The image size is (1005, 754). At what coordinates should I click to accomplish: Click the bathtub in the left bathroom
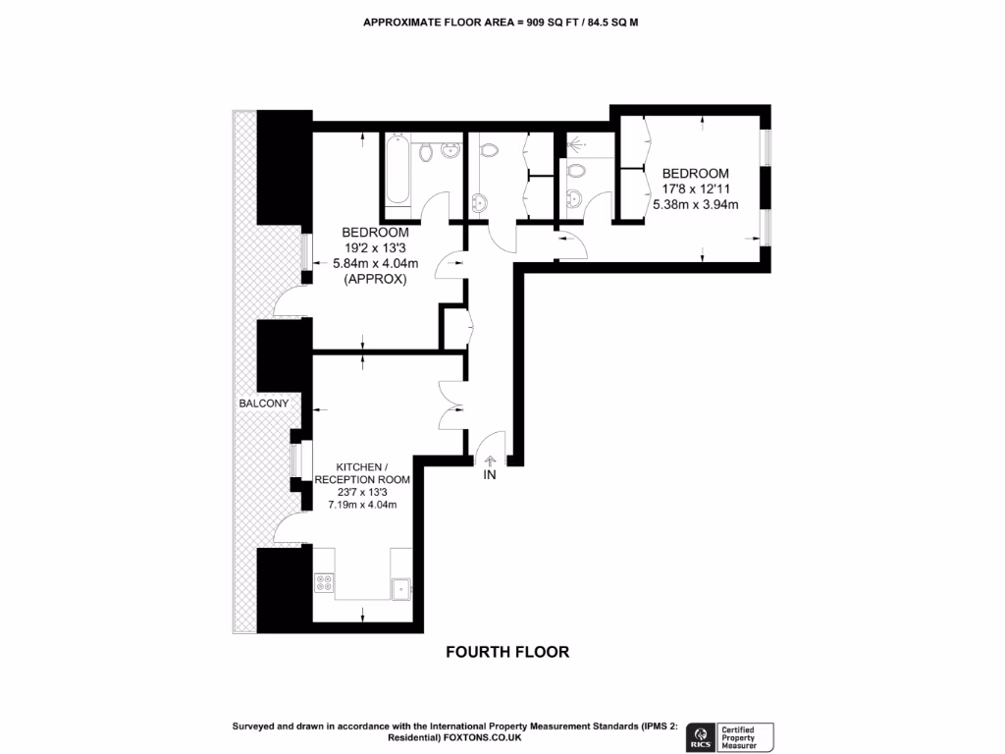pos(397,174)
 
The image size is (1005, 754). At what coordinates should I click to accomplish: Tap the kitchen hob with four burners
pos(323,584)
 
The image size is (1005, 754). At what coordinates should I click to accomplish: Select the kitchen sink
pos(400,587)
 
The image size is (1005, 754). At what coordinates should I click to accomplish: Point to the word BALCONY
pos(263,404)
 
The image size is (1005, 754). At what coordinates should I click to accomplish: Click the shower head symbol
pos(578,144)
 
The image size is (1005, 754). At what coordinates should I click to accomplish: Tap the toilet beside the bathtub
pos(426,151)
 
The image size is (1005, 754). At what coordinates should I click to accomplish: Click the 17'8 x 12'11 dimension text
pos(695,188)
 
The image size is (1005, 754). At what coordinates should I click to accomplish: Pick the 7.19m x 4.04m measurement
pos(362,505)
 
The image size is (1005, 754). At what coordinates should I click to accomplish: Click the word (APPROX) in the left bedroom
pos(374,279)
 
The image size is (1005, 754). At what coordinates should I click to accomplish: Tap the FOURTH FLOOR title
pos(507,652)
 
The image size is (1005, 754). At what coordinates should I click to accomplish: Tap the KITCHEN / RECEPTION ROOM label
pos(362,473)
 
